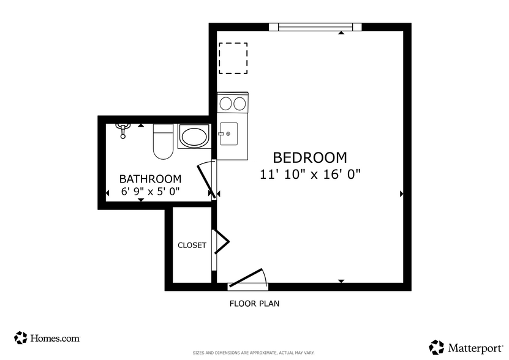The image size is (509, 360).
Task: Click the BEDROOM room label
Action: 309,158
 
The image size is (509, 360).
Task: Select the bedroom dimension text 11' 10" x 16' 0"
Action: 310,174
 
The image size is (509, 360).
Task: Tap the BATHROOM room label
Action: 150,179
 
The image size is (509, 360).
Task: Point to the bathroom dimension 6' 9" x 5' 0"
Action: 150,191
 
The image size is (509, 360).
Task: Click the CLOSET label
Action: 192,246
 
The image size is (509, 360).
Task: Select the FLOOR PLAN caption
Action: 254,303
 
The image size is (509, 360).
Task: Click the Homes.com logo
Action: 47,337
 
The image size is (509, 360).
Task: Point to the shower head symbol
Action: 123,129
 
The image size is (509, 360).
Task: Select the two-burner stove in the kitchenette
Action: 233,103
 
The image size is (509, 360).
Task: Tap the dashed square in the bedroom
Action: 233,58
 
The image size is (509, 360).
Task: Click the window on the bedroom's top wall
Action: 315,27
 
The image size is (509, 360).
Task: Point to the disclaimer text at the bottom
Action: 254,353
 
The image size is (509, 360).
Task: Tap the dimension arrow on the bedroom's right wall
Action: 402,194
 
